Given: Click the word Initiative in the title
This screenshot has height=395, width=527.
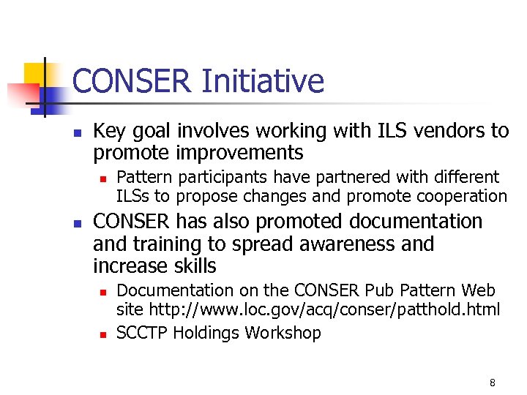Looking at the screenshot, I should click(x=262, y=81).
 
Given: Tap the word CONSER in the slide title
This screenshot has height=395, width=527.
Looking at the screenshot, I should click(x=132, y=81).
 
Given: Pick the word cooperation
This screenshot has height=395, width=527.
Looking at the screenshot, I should click(x=462, y=196).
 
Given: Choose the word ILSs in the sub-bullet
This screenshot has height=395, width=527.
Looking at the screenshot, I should click(x=133, y=196).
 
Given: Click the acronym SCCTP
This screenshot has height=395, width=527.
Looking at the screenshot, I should click(x=142, y=333).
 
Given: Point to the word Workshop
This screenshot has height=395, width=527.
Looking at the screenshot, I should click(x=283, y=333).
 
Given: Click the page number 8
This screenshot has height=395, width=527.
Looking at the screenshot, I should click(x=492, y=383).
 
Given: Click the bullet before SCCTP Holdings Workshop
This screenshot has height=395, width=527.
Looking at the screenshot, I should click(x=103, y=334).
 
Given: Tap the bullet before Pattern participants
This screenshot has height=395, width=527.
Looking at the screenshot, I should click(x=103, y=178).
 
